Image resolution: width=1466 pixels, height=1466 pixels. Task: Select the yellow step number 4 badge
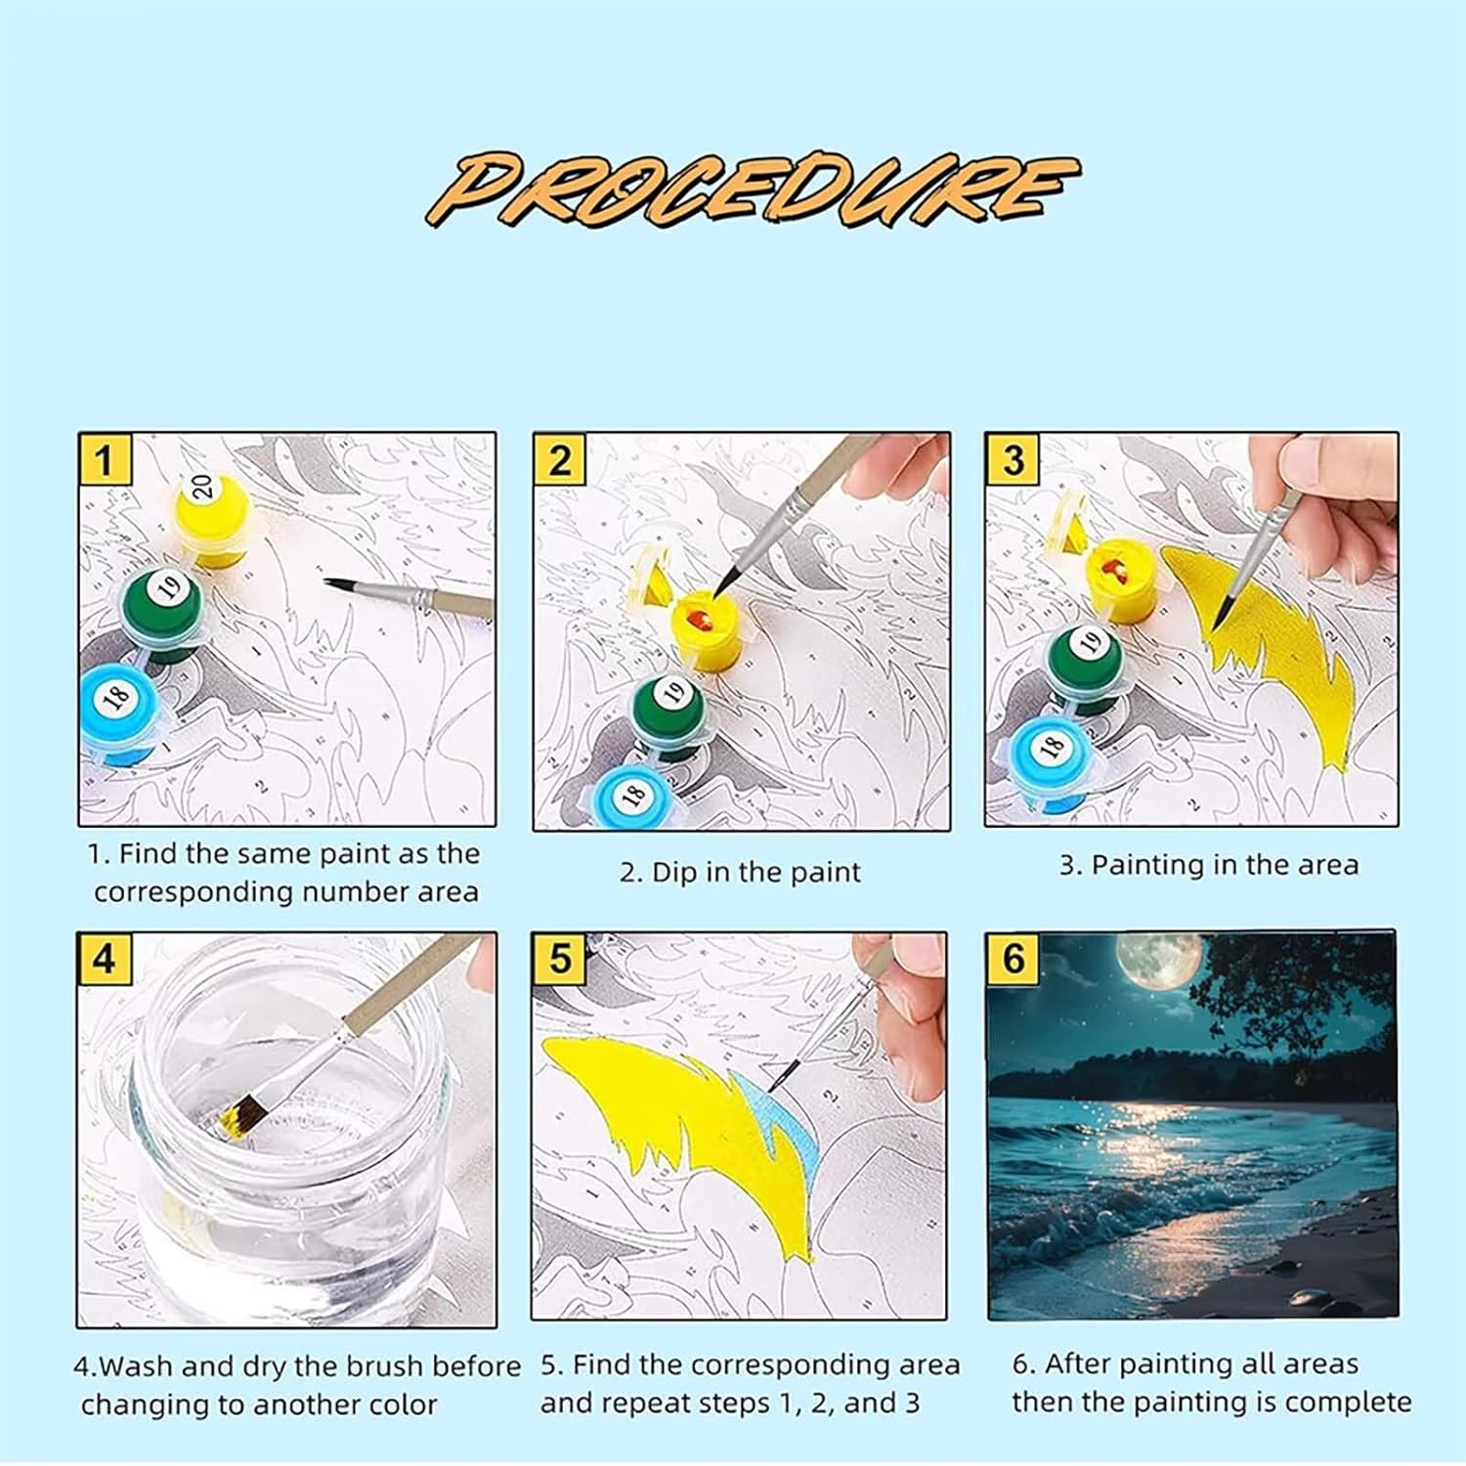[105, 960]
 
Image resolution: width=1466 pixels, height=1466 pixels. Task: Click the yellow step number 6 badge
[1013, 959]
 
